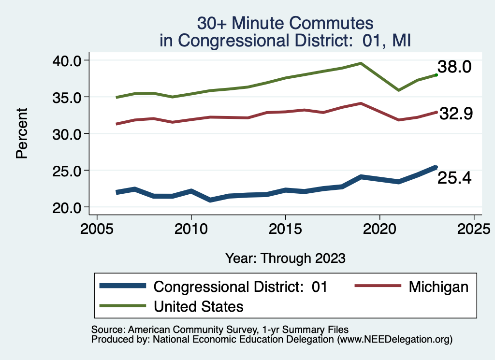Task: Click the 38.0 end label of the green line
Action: coord(454,67)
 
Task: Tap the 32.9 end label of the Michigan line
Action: coord(455,114)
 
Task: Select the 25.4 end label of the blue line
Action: coord(454,178)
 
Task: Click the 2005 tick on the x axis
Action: coord(97,227)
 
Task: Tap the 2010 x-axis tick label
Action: coord(191,227)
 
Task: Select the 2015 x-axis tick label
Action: coord(285,227)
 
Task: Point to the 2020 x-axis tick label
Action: coord(379,227)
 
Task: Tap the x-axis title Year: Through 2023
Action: coord(285,258)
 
